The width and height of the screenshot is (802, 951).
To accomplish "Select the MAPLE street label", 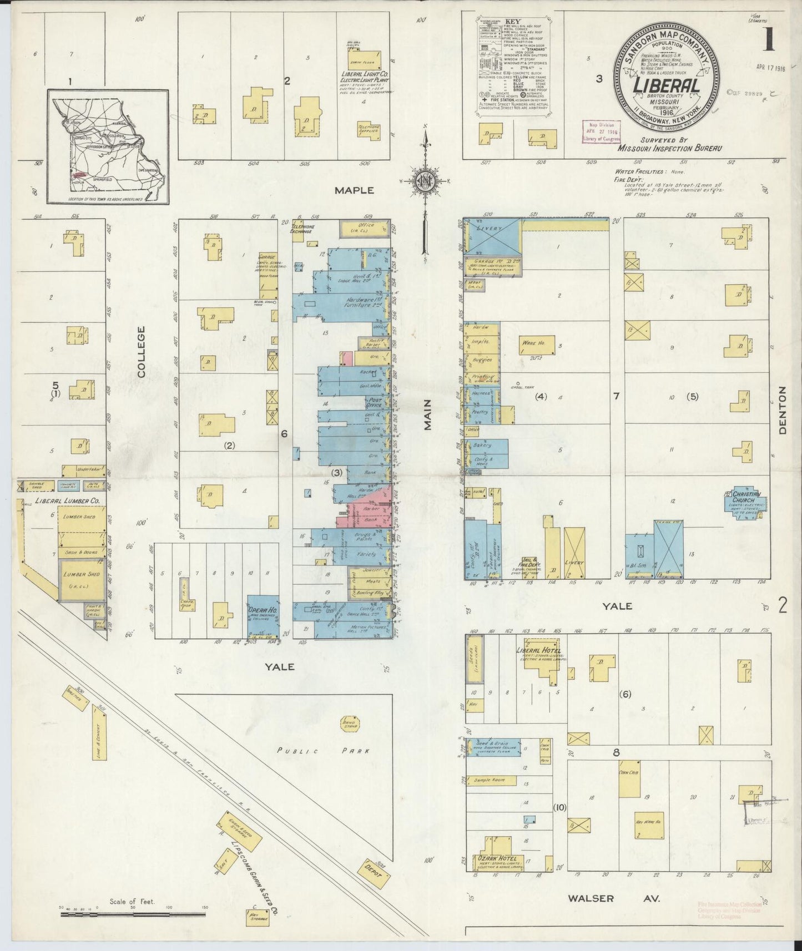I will [355, 190].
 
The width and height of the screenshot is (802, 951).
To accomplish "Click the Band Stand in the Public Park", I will [349, 725].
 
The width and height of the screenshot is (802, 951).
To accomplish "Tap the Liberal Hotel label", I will [538, 650].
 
